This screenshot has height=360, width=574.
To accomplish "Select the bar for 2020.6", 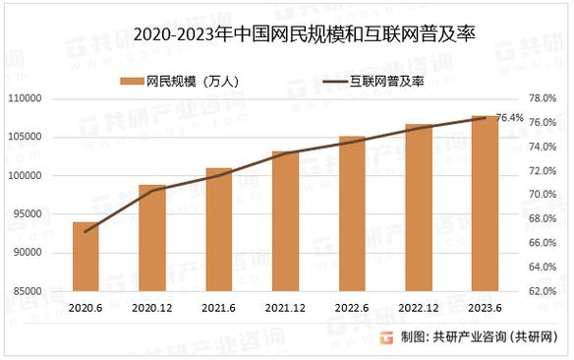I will [x=86, y=257].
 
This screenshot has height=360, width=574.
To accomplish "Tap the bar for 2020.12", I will [x=151, y=238].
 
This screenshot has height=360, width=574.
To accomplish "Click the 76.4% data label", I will [x=509, y=118].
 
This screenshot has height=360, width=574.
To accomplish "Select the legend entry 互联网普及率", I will [x=392, y=81].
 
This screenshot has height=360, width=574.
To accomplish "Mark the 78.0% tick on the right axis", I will [x=543, y=98].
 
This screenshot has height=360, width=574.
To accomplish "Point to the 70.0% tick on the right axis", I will [x=543, y=195].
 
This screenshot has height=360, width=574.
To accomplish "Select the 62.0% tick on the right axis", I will [x=543, y=292].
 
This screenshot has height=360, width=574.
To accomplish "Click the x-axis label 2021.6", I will [x=218, y=307].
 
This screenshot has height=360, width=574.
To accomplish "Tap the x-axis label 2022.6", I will [x=352, y=307].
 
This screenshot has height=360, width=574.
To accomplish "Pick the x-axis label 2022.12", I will [x=419, y=307].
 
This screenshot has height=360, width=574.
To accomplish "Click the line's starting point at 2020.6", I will [x=86, y=232].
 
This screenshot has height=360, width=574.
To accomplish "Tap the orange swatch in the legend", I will [x=130, y=81].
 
